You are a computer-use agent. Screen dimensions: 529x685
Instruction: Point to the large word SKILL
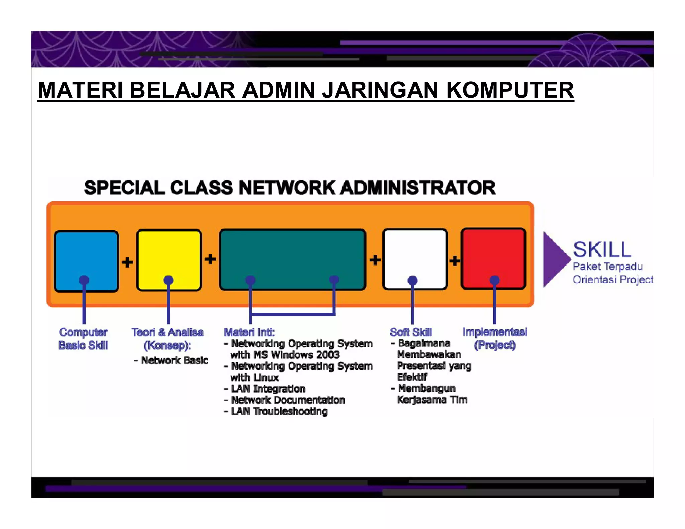pos(602,249)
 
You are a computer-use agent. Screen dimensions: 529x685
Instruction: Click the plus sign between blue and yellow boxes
pos(127,262)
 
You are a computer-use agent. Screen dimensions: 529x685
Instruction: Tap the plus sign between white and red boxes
pos(455,260)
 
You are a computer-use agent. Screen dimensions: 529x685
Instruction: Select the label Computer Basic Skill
pos(83,339)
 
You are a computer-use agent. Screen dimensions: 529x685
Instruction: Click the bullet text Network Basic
pos(174,360)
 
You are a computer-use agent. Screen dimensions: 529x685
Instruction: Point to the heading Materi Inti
pos(249,332)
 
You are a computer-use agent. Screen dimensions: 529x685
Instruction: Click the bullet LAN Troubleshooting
pos(279,411)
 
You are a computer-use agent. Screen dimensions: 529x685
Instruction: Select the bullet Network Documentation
pos(288,400)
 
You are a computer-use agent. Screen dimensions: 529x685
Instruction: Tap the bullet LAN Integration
pos(268,389)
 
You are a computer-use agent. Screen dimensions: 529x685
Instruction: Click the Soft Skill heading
pos(411,332)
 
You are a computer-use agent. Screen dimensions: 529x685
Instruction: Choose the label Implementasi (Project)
pos(495,338)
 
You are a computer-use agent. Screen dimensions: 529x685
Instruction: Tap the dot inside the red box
pos(495,280)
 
